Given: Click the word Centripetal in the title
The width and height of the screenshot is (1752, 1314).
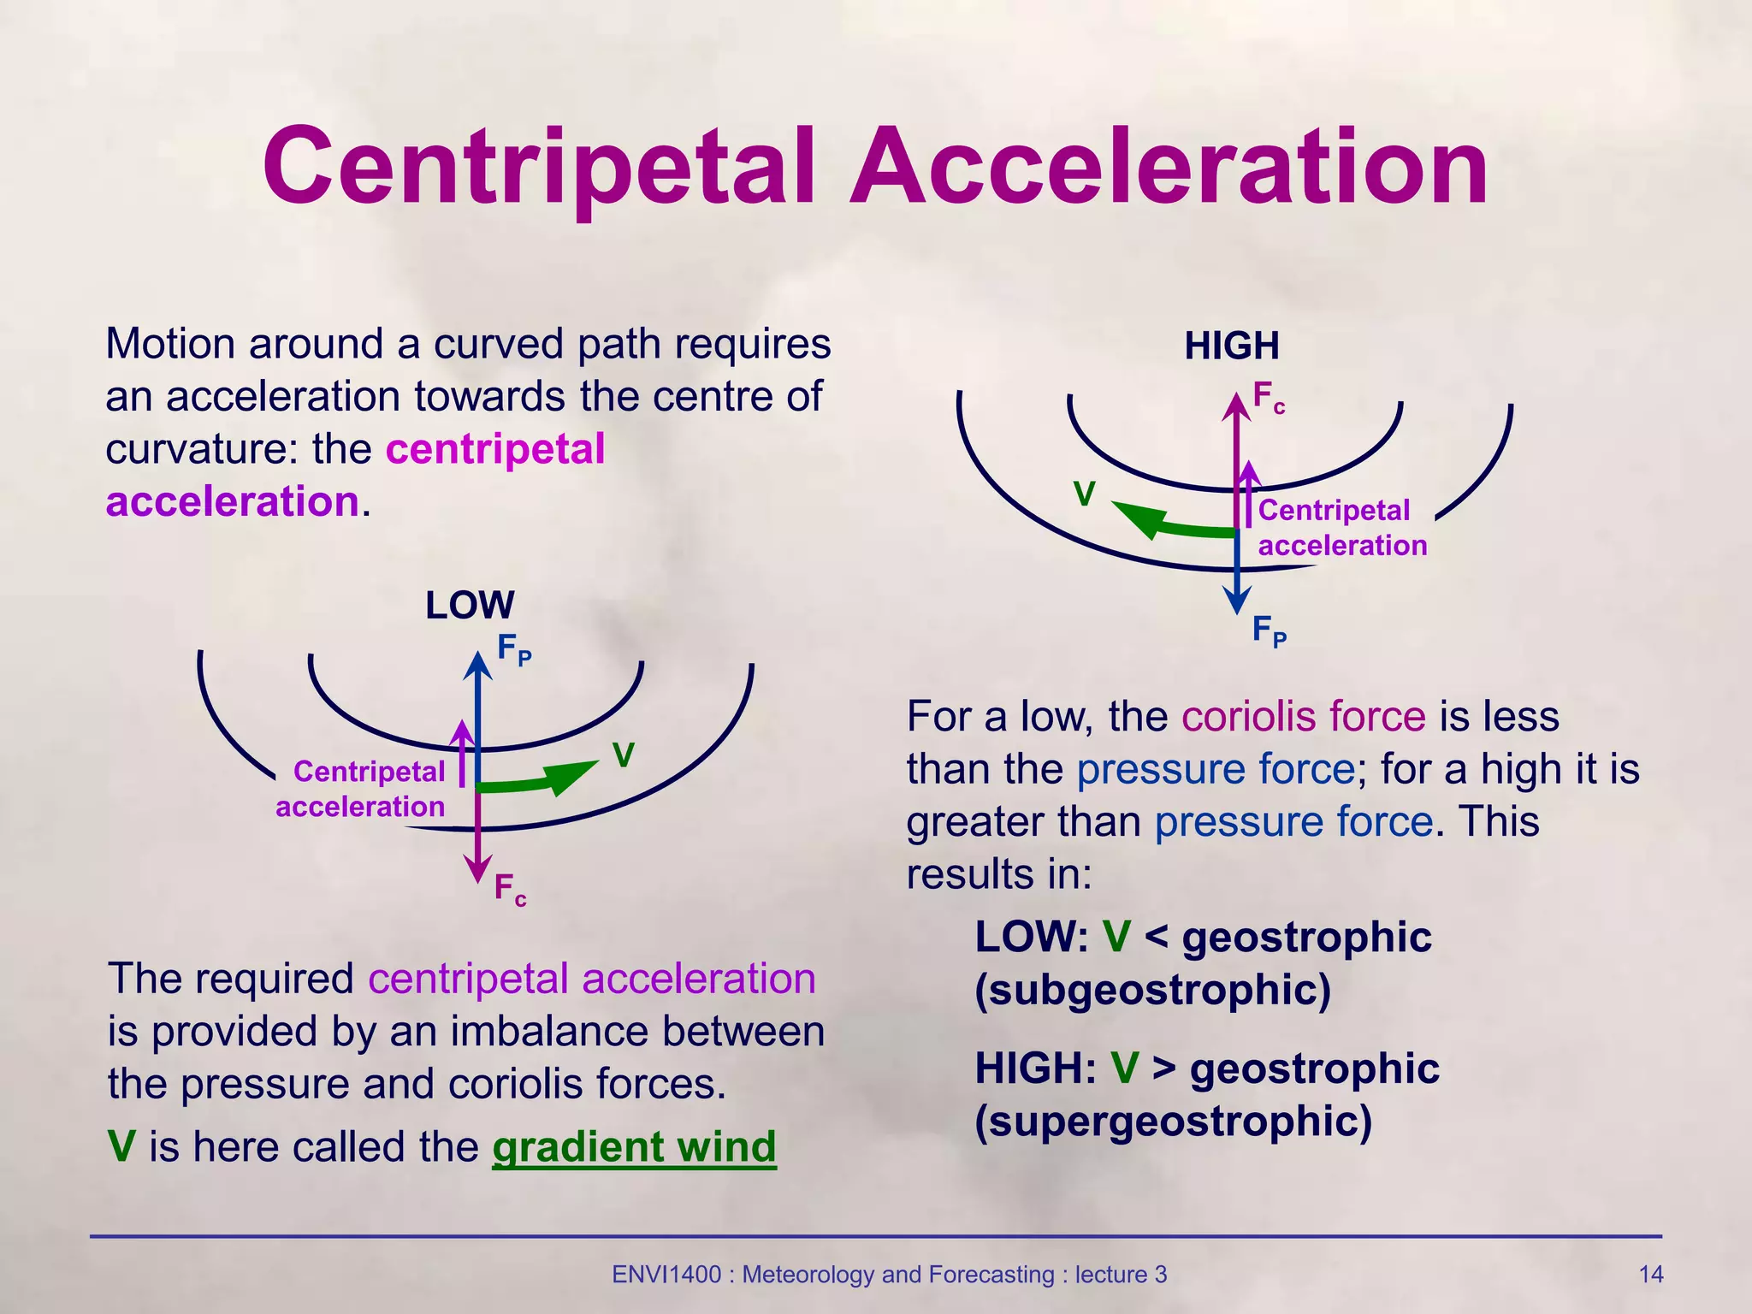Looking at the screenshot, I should pyautogui.click(x=538, y=168).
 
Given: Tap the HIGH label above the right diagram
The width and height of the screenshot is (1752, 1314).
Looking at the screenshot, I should pyautogui.click(x=1232, y=346).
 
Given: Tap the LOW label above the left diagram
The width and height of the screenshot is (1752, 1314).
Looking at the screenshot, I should pyautogui.click(x=470, y=606).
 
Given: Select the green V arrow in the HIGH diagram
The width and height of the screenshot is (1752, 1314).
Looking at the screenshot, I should pyautogui.click(x=1172, y=524).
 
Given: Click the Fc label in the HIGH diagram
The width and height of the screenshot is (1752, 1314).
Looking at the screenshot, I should pyautogui.click(x=1269, y=398).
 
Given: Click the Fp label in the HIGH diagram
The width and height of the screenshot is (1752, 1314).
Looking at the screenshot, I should pyautogui.click(x=1269, y=631).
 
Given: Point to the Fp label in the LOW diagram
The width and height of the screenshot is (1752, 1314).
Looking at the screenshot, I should pyautogui.click(x=514, y=649).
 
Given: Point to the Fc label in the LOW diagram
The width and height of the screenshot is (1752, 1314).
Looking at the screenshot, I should pyautogui.click(x=510, y=890).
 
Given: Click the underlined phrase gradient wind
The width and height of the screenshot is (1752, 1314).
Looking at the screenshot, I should pyautogui.click(x=634, y=1147).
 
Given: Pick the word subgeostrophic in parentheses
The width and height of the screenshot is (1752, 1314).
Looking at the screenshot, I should pyautogui.click(x=1153, y=990).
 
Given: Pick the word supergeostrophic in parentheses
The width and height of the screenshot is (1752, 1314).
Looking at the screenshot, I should pyautogui.click(x=1173, y=1121).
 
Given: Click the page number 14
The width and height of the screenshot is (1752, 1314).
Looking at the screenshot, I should pyautogui.click(x=1650, y=1275).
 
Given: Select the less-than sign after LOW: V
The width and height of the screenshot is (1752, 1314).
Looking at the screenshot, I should pyautogui.click(x=1156, y=938).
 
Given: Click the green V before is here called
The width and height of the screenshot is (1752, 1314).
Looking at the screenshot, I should pyautogui.click(x=121, y=1147).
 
